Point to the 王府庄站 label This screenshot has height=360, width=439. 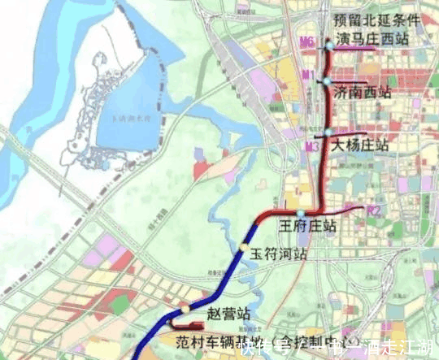(308, 225)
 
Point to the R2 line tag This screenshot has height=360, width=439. (374, 211)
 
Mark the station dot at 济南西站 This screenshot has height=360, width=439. (326, 82)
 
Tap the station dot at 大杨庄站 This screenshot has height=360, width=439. (327, 132)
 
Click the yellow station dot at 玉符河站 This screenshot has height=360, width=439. (242, 247)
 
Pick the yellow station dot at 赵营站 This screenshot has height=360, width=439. (185, 310)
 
